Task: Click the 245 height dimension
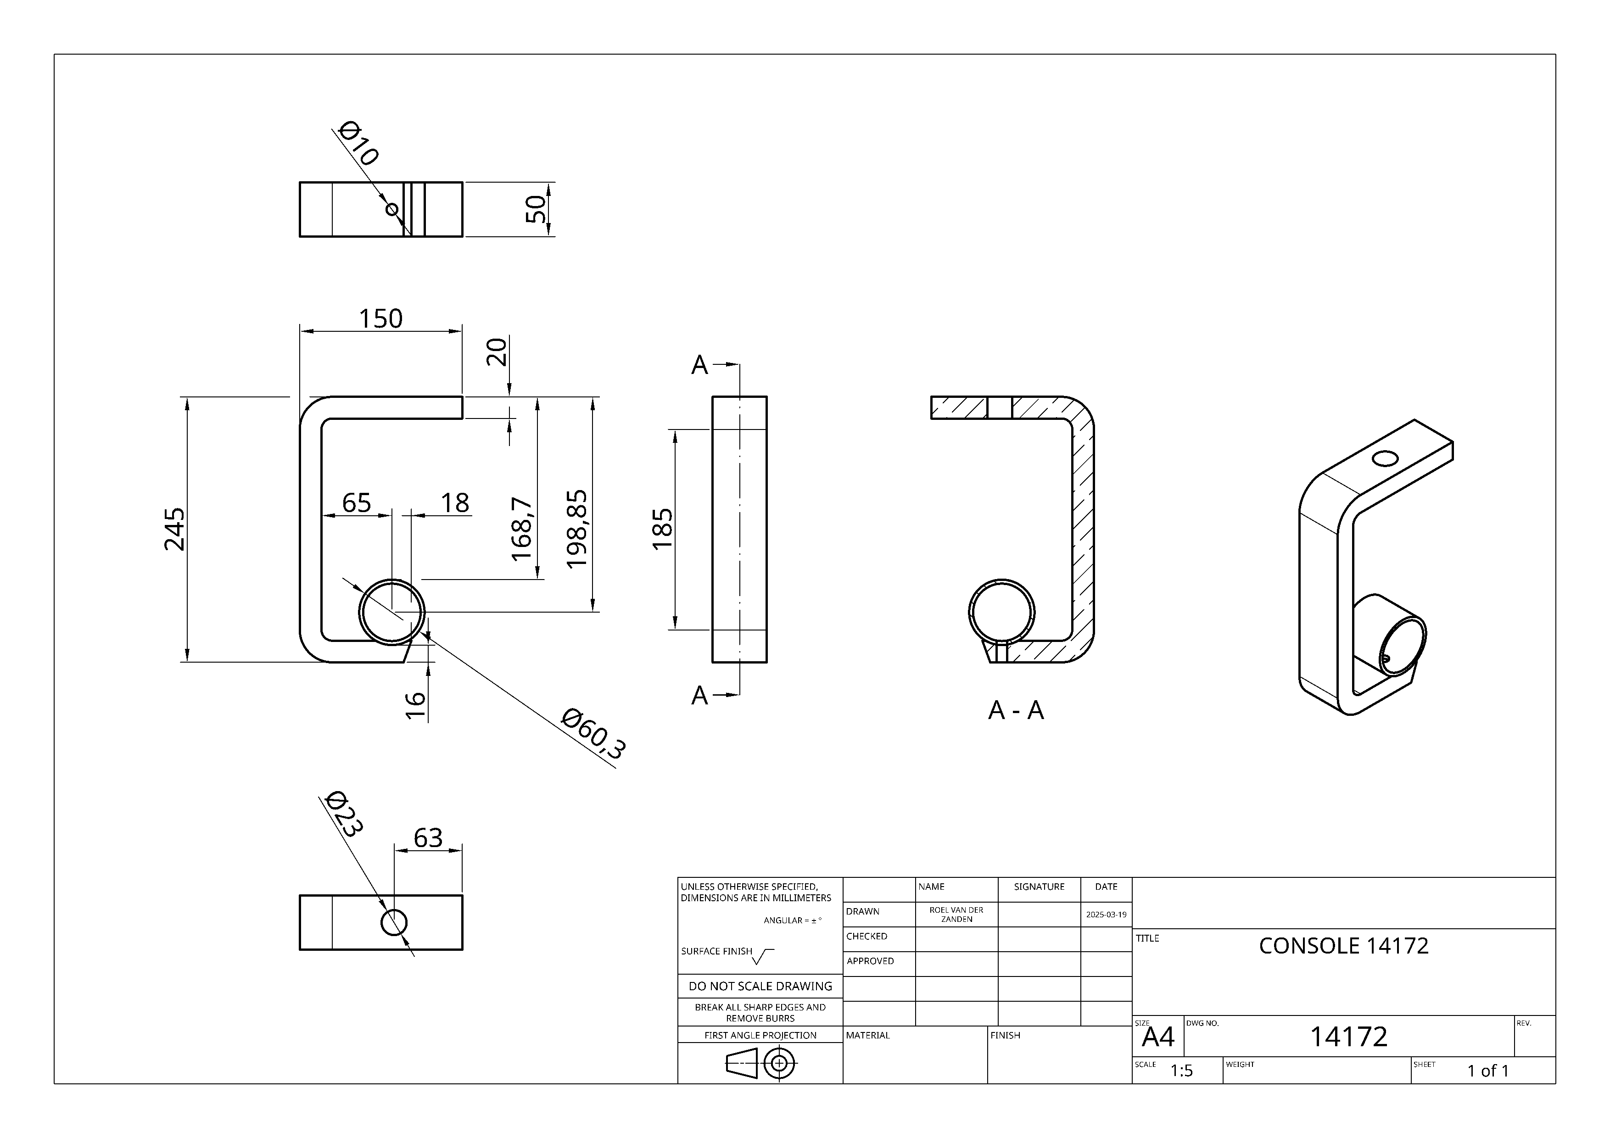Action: tap(174, 530)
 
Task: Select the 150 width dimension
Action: tap(381, 319)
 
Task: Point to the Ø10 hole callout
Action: tap(358, 143)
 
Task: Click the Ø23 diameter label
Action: tap(344, 814)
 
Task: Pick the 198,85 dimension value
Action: tap(576, 530)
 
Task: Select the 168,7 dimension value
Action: tap(522, 530)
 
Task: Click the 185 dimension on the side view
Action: tap(662, 530)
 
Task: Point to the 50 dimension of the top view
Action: tap(536, 209)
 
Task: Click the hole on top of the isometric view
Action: tap(1385, 458)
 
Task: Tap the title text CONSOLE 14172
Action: tap(1343, 946)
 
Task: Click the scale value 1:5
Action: tap(1181, 1071)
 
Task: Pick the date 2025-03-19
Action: tap(1106, 915)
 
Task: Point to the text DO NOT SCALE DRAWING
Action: tap(760, 986)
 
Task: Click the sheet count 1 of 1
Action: tap(1487, 1071)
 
